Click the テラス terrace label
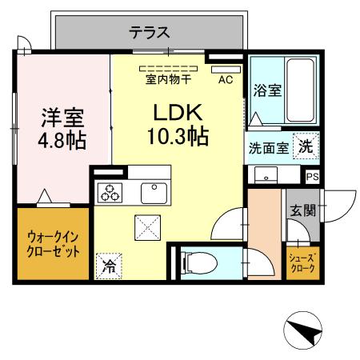point(149,33)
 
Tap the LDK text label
point(177,113)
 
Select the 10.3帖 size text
point(178,137)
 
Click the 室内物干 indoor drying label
point(168,80)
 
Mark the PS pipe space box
point(311,177)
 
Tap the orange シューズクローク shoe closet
point(303,262)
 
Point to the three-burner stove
point(109,193)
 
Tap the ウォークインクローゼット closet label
point(53,244)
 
